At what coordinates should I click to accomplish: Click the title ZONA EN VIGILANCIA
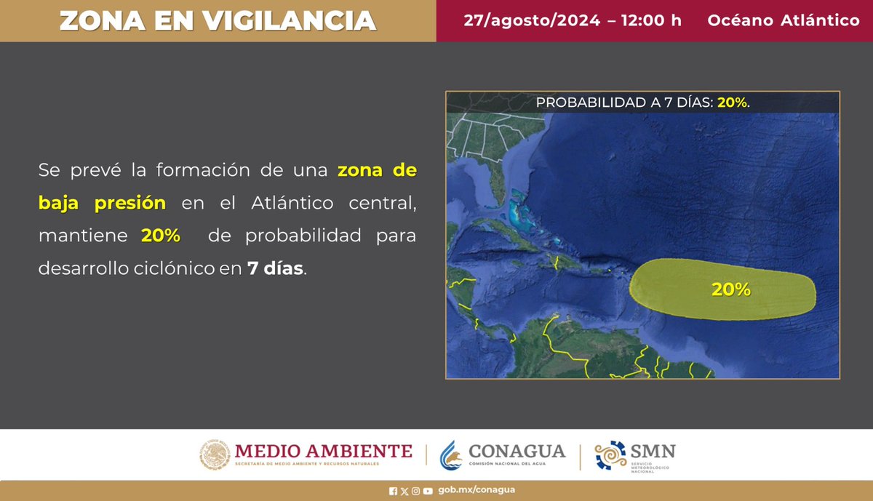coord(218,20)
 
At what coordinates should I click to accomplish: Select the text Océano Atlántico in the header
coord(784,20)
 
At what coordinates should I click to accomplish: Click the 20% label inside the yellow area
coord(730,289)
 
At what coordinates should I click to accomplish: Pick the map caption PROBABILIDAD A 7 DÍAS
coord(624,103)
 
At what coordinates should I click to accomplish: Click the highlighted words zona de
coord(377,172)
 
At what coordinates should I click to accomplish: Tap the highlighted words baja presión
coord(102,204)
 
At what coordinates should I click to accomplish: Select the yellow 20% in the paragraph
coord(160,236)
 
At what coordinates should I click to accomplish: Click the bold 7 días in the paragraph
coord(275,268)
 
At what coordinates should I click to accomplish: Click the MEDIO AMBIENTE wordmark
coord(323,451)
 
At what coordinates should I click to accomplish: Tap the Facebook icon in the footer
coord(394,491)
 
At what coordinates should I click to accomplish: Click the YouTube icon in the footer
coord(428,491)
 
